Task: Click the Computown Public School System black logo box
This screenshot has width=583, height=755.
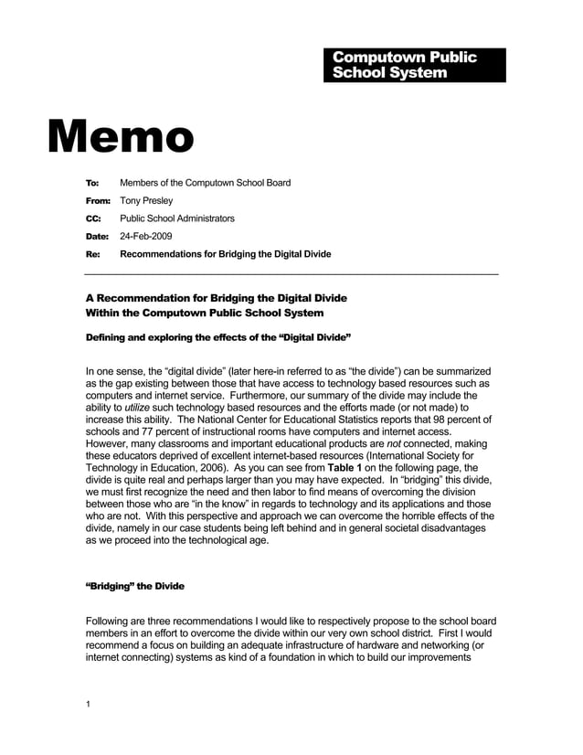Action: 414,65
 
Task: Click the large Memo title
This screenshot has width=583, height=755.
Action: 122,136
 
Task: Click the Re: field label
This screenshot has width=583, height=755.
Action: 92,254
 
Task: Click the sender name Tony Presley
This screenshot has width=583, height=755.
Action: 146,200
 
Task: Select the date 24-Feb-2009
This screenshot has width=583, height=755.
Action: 146,237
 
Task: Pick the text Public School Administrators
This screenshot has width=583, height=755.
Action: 177,218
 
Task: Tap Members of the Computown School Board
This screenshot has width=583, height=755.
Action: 206,183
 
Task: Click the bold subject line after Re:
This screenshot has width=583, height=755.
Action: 226,254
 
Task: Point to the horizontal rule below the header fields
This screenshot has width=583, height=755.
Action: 291,274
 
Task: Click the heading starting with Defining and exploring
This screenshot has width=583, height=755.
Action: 218,337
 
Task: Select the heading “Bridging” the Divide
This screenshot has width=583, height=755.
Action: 134,586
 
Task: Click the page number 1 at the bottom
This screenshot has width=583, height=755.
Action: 88,704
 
